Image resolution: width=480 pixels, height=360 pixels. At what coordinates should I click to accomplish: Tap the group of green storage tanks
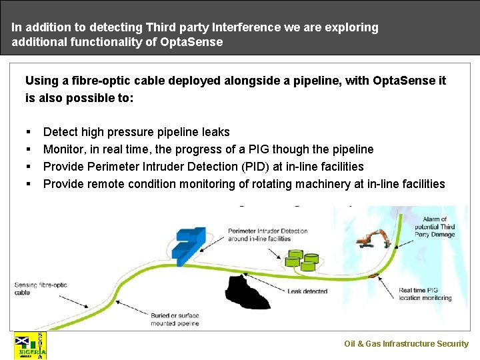301,259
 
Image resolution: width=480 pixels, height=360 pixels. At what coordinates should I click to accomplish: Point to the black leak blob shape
247,292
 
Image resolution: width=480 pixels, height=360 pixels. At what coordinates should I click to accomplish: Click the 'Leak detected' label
307,291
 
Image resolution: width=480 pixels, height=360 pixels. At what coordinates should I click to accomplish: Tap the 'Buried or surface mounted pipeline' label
175,319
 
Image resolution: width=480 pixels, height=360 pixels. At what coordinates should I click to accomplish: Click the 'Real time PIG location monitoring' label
425,294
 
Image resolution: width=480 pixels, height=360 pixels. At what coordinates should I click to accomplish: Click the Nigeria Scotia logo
31,345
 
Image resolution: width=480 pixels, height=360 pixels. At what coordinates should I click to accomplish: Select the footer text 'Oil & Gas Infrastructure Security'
406,344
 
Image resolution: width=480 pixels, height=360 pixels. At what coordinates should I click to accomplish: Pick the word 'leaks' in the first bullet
215,132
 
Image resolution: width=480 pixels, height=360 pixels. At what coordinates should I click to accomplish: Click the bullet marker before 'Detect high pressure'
29,132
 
